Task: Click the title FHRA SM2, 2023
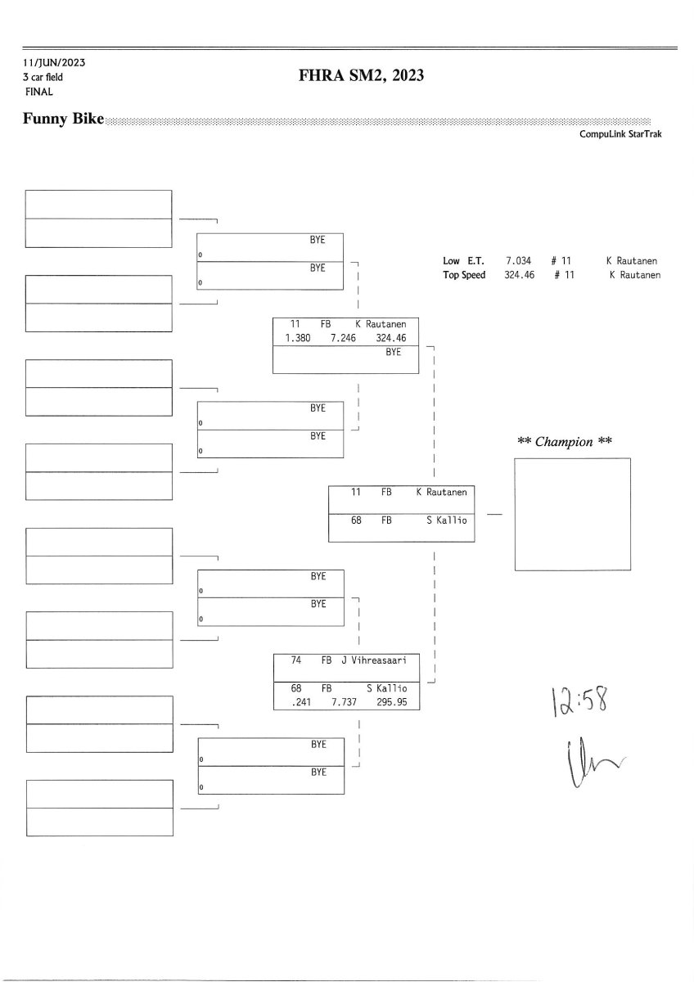tap(361, 77)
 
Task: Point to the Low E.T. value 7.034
tap(520, 261)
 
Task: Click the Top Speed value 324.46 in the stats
tap(520, 275)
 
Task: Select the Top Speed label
tap(464, 275)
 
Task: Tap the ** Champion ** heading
tap(565, 442)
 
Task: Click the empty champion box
tap(572, 514)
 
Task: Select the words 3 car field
tap(43, 77)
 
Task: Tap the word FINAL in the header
tap(38, 92)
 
